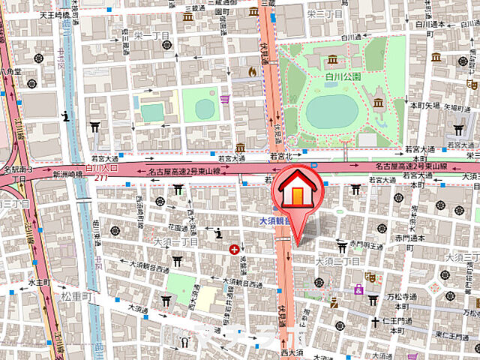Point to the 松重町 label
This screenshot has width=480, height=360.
click(x=75, y=298)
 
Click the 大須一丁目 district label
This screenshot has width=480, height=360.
click(x=174, y=242)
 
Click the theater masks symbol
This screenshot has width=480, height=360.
click(x=368, y=276)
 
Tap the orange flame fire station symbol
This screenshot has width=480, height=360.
click(x=253, y=71)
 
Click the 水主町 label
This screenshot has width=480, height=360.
click(x=37, y=282)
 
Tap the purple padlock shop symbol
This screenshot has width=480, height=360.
click(x=225, y=98)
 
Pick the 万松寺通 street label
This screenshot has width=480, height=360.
click(x=403, y=297)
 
